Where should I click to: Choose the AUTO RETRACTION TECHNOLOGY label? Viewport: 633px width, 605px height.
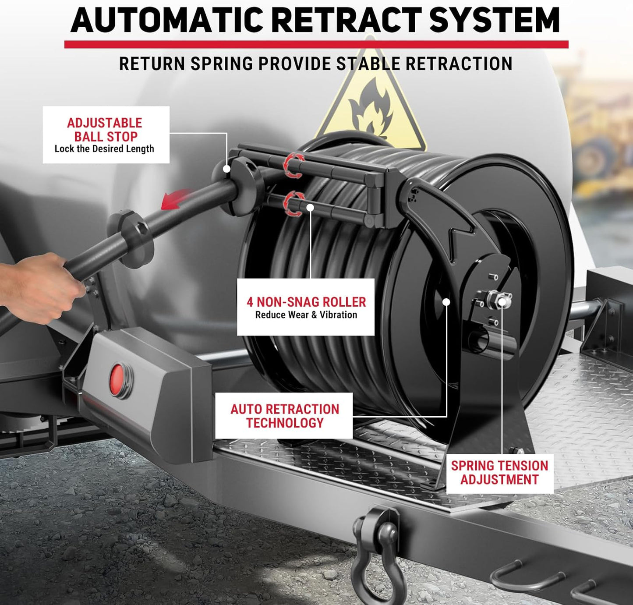click(x=284, y=416)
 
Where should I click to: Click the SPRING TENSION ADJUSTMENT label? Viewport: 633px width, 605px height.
click(x=499, y=472)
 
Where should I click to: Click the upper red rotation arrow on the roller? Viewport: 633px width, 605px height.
click(x=293, y=166)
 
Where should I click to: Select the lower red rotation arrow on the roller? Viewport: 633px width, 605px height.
click(x=294, y=204)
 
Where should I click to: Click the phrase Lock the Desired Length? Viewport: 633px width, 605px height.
click(x=104, y=149)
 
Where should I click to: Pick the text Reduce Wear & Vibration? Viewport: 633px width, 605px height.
click(x=306, y=315)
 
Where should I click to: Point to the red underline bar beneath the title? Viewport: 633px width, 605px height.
click(x=316, y=44)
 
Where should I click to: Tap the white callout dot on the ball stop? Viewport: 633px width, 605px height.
click(x=226, y=169)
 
